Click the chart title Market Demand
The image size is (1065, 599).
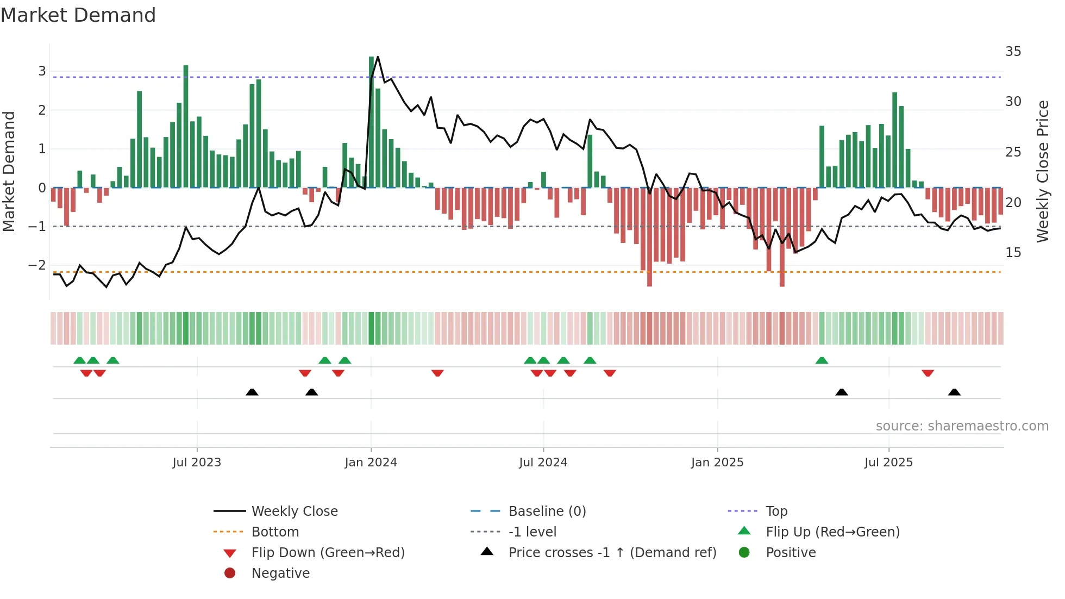pyautogui.click(x=78, y=15)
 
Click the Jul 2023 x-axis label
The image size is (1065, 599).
pyautogui.click(x=197, y=463)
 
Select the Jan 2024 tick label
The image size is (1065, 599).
pyautogui.click(x=371, y=463)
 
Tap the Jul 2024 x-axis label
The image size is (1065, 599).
pyautogui.click(x=543, y=463)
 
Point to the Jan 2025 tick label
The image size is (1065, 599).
pyautogui.click(x=717, y=463)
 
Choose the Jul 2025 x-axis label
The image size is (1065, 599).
pyautogui.click(x=888, y=463)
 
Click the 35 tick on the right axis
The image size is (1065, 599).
pyautogui.click(x=1013, y=52)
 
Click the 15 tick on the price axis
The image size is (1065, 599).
pyautogui.click(x=1013, y=253)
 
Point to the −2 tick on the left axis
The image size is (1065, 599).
pyautogui.click(x=37, y=265)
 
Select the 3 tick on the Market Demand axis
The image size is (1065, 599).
pyautogui.click(x=42, y=71)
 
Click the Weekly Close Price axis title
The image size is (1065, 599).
pyautogui.click(x=1042, y=171)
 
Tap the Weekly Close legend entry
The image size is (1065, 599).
pyautogui.click(x=294, y=511)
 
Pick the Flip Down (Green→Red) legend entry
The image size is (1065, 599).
pyautogui.click(x=328, y=553)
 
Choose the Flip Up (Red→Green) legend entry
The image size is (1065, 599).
pyautogui.click(x=832, y=532)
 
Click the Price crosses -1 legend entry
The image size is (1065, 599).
pyautogui.click(x=612, y=553)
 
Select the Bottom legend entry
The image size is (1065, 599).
pyautogui.click(x=275, y=532)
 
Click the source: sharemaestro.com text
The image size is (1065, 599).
pyautogui.click(x=962, y=426)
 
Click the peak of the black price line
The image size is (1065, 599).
pyautogui.click(x=378, y=57)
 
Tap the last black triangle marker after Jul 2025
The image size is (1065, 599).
pyautogui.click(x=954, y=392)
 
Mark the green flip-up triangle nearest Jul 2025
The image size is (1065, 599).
pyautogui.click(x=822, y=360)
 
